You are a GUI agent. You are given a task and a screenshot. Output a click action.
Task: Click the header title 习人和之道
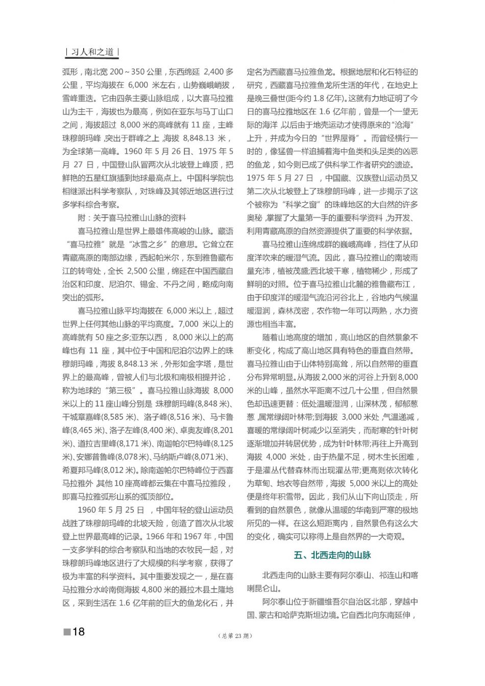[x=92, y=52]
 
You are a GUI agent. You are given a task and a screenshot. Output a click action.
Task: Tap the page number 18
[x=78, y=632]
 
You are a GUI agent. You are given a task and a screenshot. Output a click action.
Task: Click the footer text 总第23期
[x=235, y=636]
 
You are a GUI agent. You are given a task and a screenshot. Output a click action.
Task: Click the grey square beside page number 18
[x=66, y=632]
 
